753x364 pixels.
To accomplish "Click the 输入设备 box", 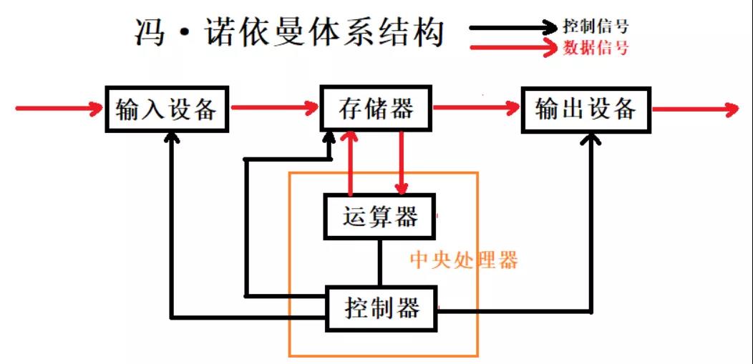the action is [167, 109].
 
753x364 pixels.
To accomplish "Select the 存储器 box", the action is [376, 109].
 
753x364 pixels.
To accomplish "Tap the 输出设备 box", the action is [586, 110].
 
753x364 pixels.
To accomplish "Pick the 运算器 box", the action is [379, 216].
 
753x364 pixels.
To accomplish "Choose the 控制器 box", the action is [382, 308].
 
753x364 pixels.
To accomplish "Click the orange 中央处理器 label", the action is [464, 261].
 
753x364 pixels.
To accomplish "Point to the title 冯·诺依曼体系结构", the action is [288, 33].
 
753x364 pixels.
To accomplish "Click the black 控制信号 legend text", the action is [596, 26].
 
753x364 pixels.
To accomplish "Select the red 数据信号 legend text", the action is [596, 47].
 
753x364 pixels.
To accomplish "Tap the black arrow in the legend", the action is [513, 27].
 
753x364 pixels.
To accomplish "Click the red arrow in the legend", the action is [513, 48].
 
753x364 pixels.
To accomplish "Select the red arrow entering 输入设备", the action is [60, 109].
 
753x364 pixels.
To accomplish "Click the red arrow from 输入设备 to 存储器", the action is [275, 108].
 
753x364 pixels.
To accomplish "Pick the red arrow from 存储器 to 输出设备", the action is [477, 108].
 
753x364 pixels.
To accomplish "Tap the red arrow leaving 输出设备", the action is [696, 109].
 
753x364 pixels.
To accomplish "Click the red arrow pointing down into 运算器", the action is [402, 164].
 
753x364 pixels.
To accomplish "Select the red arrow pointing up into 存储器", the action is [350, 164].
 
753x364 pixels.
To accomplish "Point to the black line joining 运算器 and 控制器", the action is [379, 262].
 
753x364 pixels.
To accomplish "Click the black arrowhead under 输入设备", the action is [172, 139].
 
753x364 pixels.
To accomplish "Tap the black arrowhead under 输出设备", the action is [591, 139].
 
